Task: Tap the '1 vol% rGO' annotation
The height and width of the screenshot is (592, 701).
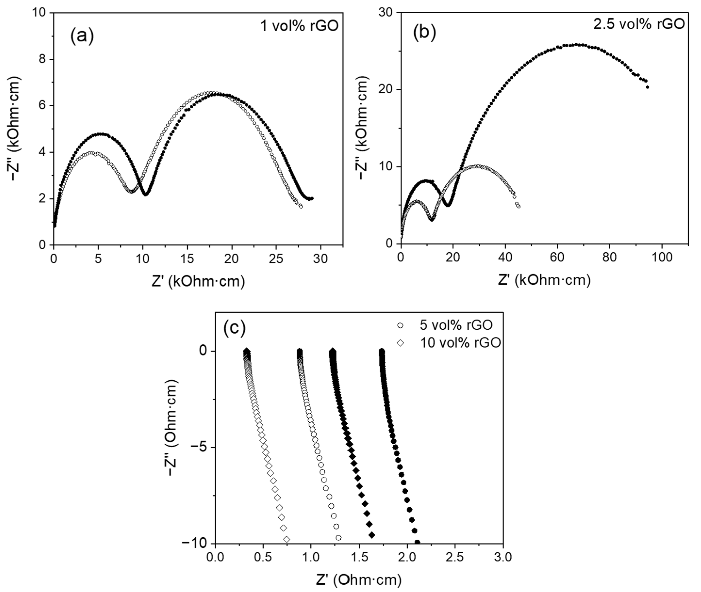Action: click(299, 26)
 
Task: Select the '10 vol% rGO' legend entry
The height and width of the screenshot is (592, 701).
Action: click(460, 343)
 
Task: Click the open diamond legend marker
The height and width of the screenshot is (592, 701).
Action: click(400, 343)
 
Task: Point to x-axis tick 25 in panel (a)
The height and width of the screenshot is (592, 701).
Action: click(276, 259)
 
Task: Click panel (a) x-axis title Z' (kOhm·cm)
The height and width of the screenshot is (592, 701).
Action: click(198, 282)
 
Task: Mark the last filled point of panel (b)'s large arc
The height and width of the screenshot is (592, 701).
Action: click(647, 87)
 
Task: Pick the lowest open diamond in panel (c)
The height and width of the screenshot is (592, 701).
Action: click(286, 539)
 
